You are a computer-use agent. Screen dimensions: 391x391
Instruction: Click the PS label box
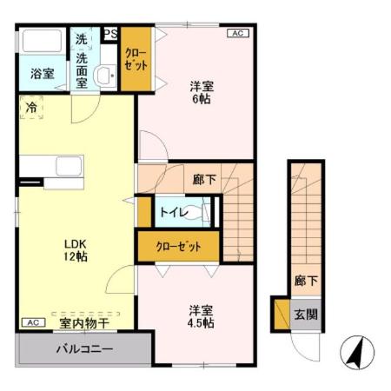coord(110,35)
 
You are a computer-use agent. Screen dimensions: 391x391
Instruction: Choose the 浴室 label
coord(34,72)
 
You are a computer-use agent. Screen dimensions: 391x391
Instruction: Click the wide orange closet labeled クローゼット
coord(179,247)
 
